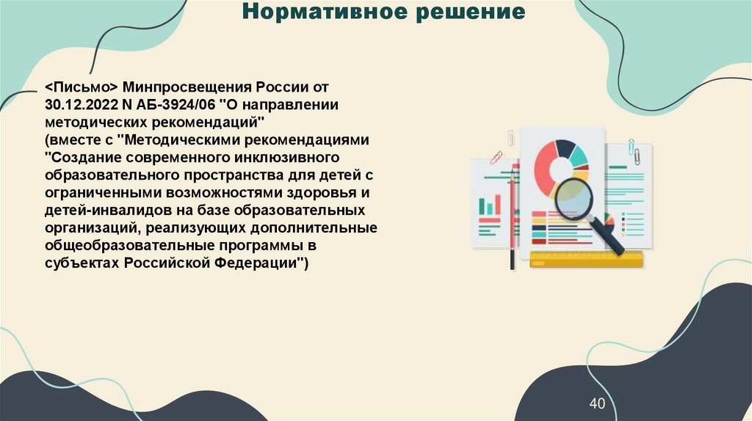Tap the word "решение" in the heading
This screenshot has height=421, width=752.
472,13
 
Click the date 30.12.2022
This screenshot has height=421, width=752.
75,104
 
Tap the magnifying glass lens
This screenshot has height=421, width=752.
576,199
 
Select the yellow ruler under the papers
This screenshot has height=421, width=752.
586,259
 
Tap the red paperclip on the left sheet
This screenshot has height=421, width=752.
496,157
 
